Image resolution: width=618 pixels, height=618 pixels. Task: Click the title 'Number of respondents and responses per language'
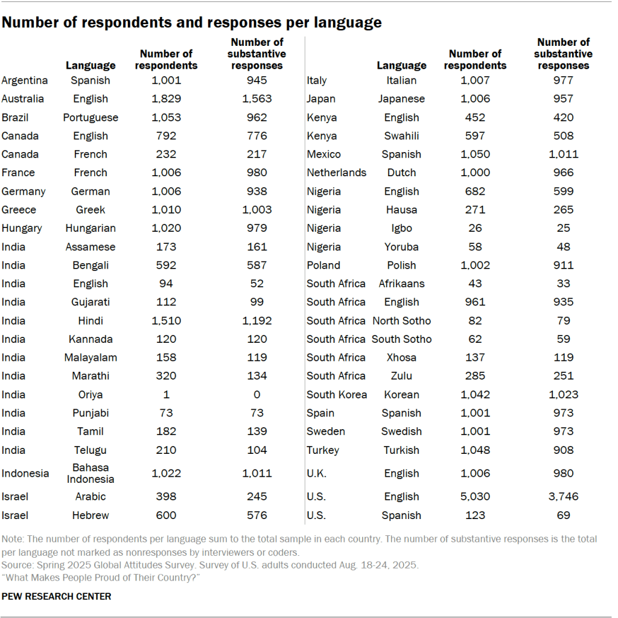[192, 23]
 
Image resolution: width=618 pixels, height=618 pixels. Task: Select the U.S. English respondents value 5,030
[475, 497]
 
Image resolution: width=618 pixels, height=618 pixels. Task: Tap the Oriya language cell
[91, 395]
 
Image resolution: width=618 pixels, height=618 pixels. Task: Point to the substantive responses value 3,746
[563, 497]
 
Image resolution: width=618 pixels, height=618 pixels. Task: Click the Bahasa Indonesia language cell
[91, 473]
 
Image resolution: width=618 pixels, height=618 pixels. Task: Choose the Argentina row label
[25, 80]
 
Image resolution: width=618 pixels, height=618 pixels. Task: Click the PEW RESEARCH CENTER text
[57, 596]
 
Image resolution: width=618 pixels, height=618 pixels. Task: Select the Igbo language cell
[401, 228]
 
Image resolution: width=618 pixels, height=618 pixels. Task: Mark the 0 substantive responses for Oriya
[257, 395]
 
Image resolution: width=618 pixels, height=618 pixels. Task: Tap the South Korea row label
[337, 395]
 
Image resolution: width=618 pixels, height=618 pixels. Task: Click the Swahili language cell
[401, 136]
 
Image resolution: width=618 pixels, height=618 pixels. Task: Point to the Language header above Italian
[401, 65]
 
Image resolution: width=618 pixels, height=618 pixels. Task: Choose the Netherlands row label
[337, 173]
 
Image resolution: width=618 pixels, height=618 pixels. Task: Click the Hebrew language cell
[91, 515]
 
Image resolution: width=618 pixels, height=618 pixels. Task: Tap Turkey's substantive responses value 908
[563, 450]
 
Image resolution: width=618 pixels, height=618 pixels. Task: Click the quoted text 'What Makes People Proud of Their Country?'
[101, 578]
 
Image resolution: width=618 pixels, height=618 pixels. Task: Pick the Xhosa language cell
[401, 357]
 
